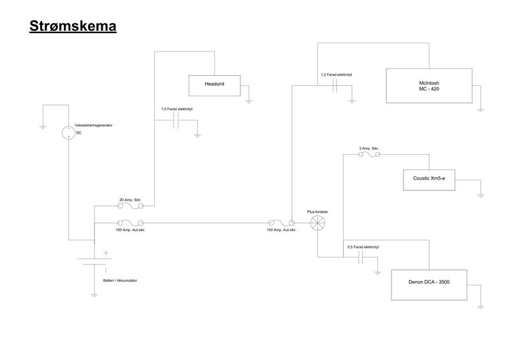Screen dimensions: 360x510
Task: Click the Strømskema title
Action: pyautogui.click(x=72, y=26)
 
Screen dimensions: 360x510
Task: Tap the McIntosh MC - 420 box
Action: pyautogui.click(x=428, y=87)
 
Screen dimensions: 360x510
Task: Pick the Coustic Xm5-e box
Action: pyautogui.click(x=428, y=180)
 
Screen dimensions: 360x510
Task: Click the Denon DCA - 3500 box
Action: pyautogui.click(x=428, y=285)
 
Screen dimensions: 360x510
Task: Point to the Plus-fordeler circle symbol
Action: pyautogui.click(x=317, y=222)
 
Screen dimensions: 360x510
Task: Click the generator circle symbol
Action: pyautogui.click(x=68, y=133)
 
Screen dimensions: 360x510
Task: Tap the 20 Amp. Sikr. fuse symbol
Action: pyautogui.click(x=131, y=205)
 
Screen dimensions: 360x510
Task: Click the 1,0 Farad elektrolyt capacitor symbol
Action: pyautogui.click(x=178, y=122)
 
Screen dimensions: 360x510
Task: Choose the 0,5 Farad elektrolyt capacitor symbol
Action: pyautogui.click(x=362, y=257)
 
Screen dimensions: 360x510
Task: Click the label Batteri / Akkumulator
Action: pyautogui.click(x=120, y=280)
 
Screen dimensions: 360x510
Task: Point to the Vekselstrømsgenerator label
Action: pyautogui.click(x=93, y=126)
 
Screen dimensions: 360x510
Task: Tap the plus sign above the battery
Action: pyautogui.click(x=106, y=253)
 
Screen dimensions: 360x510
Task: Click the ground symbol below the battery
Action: pyautogui.click(x=94, y=295)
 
